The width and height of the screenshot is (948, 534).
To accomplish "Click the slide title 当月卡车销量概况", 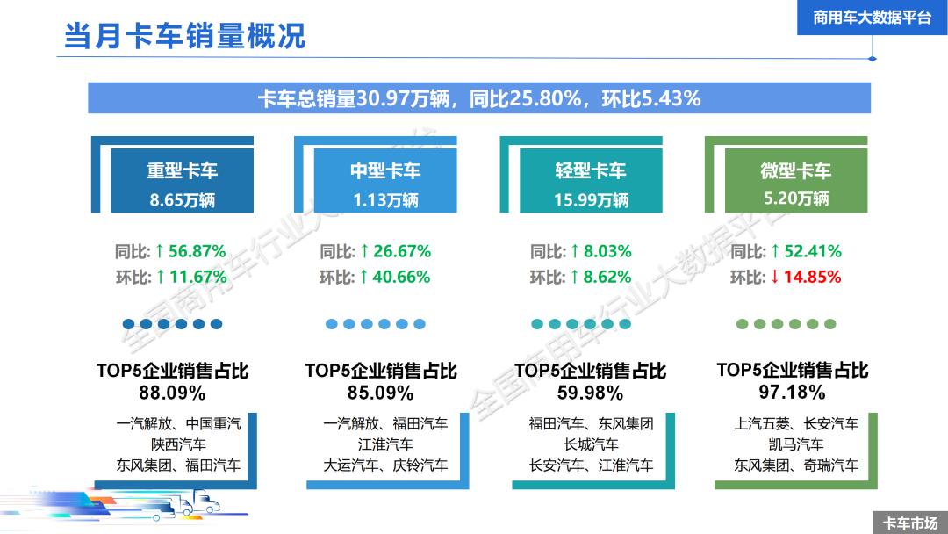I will pyautogui.click(x=184, y=36).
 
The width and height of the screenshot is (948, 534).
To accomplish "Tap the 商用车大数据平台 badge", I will pyautogui.click(x=872, y=18).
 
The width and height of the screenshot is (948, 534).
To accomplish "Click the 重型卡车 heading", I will pyautogui.click(x=182, y=170).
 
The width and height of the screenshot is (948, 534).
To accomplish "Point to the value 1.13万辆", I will pyautogui.click(x=385, y=199).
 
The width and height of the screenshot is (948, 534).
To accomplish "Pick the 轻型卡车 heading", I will pyautogui.click(x=591, y=170).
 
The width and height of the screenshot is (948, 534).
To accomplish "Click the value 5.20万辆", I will pyautogui.click(x=796, y=198).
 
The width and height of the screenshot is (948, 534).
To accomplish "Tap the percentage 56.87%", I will pyautogui.click(x=197, y=251).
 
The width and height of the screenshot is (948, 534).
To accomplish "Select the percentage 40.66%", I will pyautogui.click(x=401, y=277).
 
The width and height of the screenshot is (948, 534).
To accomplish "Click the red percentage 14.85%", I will pyautogui.click(x=812, y=277).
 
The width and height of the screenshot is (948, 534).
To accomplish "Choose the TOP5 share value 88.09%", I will pyautogui.click(x=172, y=392).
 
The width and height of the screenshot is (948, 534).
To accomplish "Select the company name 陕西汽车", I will pyautogui.click(x=178, y=444).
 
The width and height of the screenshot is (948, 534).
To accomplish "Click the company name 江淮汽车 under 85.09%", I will pyautogui.click(x=385, y=444).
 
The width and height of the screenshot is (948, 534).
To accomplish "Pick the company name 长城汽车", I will pyautogui.click(x=591, y=444).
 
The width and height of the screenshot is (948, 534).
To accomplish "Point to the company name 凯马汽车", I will pyautogui.click(x=796, y=444).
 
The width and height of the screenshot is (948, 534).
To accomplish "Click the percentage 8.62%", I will pyautogui.click(x=607, y=277).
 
